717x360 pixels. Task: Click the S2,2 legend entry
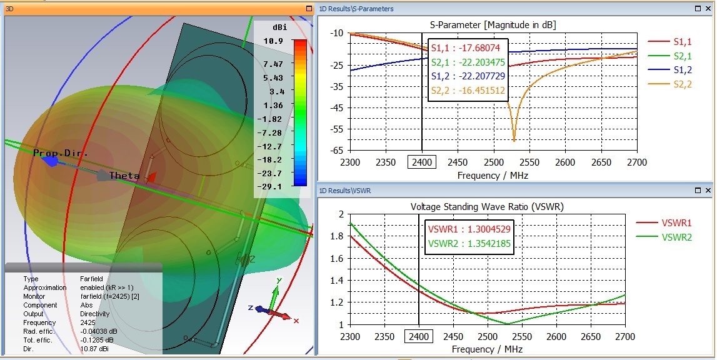pos(682,84)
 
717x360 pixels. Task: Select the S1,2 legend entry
pos(682,70)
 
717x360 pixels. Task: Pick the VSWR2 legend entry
pos(676,237)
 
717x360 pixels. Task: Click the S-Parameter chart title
pos(493,24)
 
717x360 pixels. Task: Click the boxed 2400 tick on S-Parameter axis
pos(422,162)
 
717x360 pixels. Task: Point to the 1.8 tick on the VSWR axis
pos(339,236)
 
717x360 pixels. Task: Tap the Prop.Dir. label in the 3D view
pos(61,153)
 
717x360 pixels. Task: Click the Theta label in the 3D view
pos(124,176)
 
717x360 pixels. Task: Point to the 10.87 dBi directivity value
pos(94,349)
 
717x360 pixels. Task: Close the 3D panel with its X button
pos(309,9)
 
